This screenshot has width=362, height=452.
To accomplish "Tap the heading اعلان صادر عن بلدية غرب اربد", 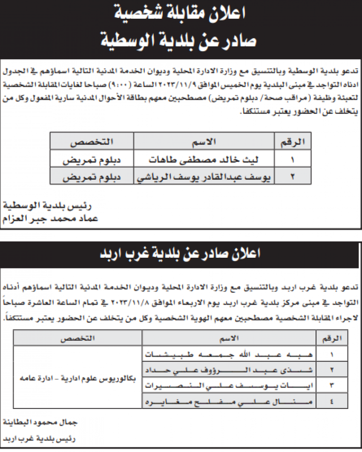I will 181,254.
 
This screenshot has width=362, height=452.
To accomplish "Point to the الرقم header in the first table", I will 293,141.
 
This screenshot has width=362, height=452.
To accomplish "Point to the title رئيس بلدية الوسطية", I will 48,206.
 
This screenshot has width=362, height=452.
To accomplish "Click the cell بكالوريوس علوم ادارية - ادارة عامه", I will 78,378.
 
